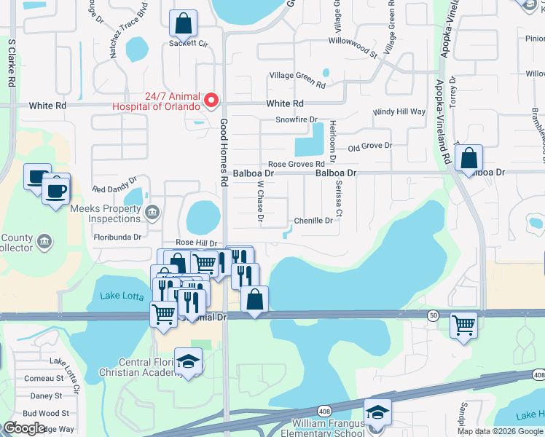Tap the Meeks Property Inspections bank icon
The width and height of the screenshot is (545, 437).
[152, 213]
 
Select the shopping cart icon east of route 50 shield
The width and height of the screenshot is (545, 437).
[464, 325]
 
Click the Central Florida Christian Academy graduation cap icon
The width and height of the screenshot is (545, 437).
[188, 362]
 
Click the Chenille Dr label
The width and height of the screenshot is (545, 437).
[313, 221]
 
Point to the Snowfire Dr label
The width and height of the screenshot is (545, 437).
[297, 119]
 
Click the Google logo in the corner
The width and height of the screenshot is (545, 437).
[25, 428]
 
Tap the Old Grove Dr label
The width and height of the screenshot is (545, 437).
[369, 146]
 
